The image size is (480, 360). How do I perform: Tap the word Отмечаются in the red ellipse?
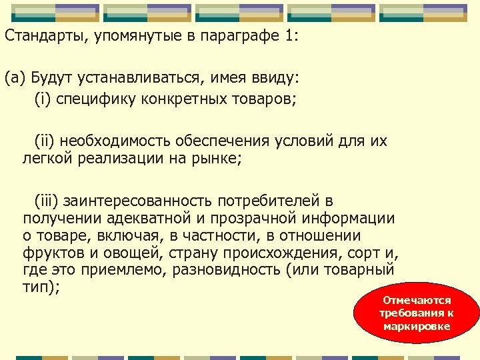(x=417, y=301)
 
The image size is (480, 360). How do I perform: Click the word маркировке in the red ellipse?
(x=417, y=326)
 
